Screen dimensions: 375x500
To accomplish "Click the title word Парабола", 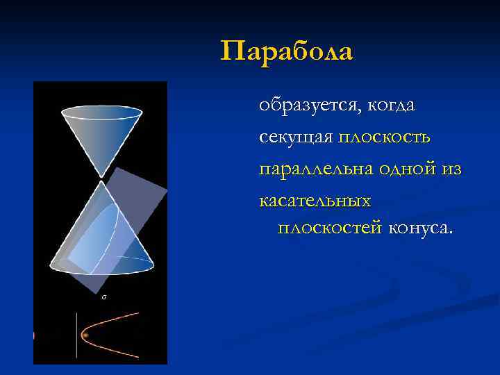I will point(287,51).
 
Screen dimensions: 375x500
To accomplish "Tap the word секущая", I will point(296,137).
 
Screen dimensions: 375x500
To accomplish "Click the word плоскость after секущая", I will point(385,137).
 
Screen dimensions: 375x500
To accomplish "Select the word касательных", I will point(315,201).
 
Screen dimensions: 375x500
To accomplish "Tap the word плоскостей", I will point(330,228).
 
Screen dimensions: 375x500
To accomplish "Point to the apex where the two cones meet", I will point(103,178).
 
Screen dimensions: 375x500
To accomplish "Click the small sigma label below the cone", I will point(103,297).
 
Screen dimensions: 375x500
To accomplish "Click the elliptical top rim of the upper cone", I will point(102,112).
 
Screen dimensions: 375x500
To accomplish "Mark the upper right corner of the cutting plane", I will point(166,187).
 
